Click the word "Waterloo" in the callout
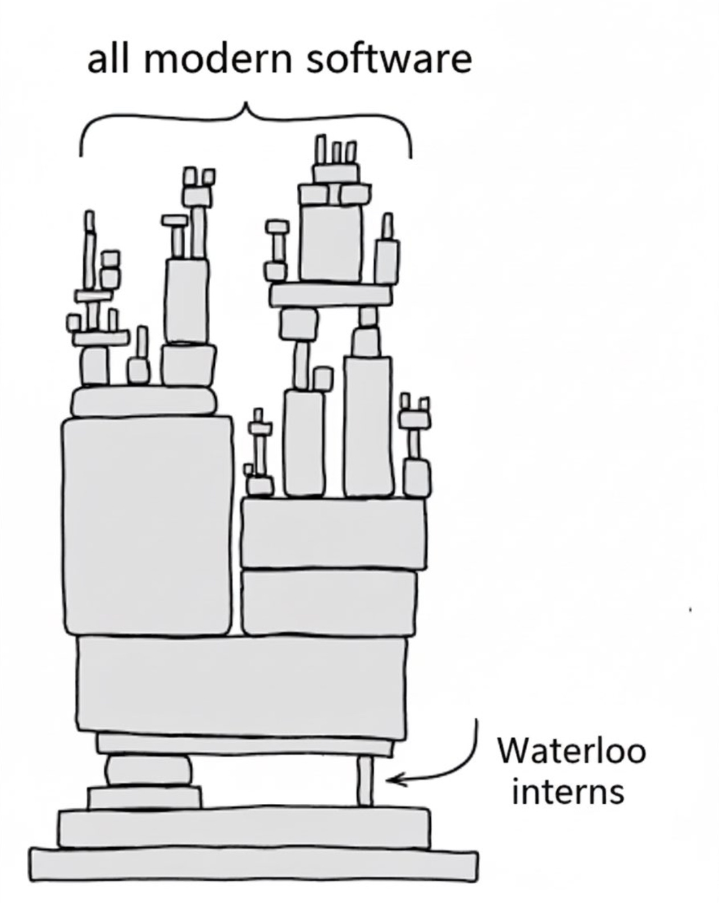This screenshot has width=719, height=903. (571, 751)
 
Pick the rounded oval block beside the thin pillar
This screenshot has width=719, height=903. (149, 770)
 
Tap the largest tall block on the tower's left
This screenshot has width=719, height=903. (148, 524)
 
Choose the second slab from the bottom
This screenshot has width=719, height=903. (244, 827)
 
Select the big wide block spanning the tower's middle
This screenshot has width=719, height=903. (242, 684)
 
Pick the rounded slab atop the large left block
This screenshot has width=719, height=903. (144, 401)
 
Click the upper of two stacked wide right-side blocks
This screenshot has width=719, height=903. (333, 533)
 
